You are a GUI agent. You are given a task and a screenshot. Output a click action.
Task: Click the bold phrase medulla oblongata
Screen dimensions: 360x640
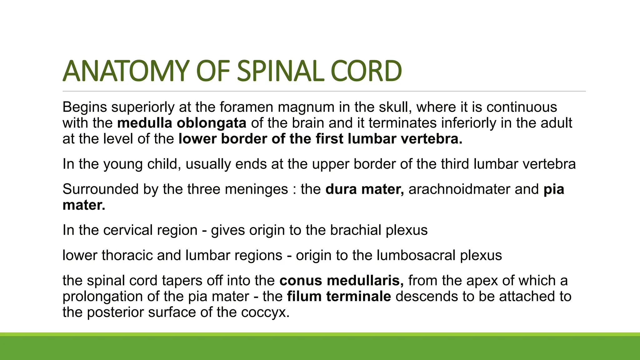tap(182, 123)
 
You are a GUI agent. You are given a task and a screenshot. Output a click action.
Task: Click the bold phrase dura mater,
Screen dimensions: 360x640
tap(365, 189)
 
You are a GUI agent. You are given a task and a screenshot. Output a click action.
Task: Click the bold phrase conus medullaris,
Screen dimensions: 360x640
tap(342, 281)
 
